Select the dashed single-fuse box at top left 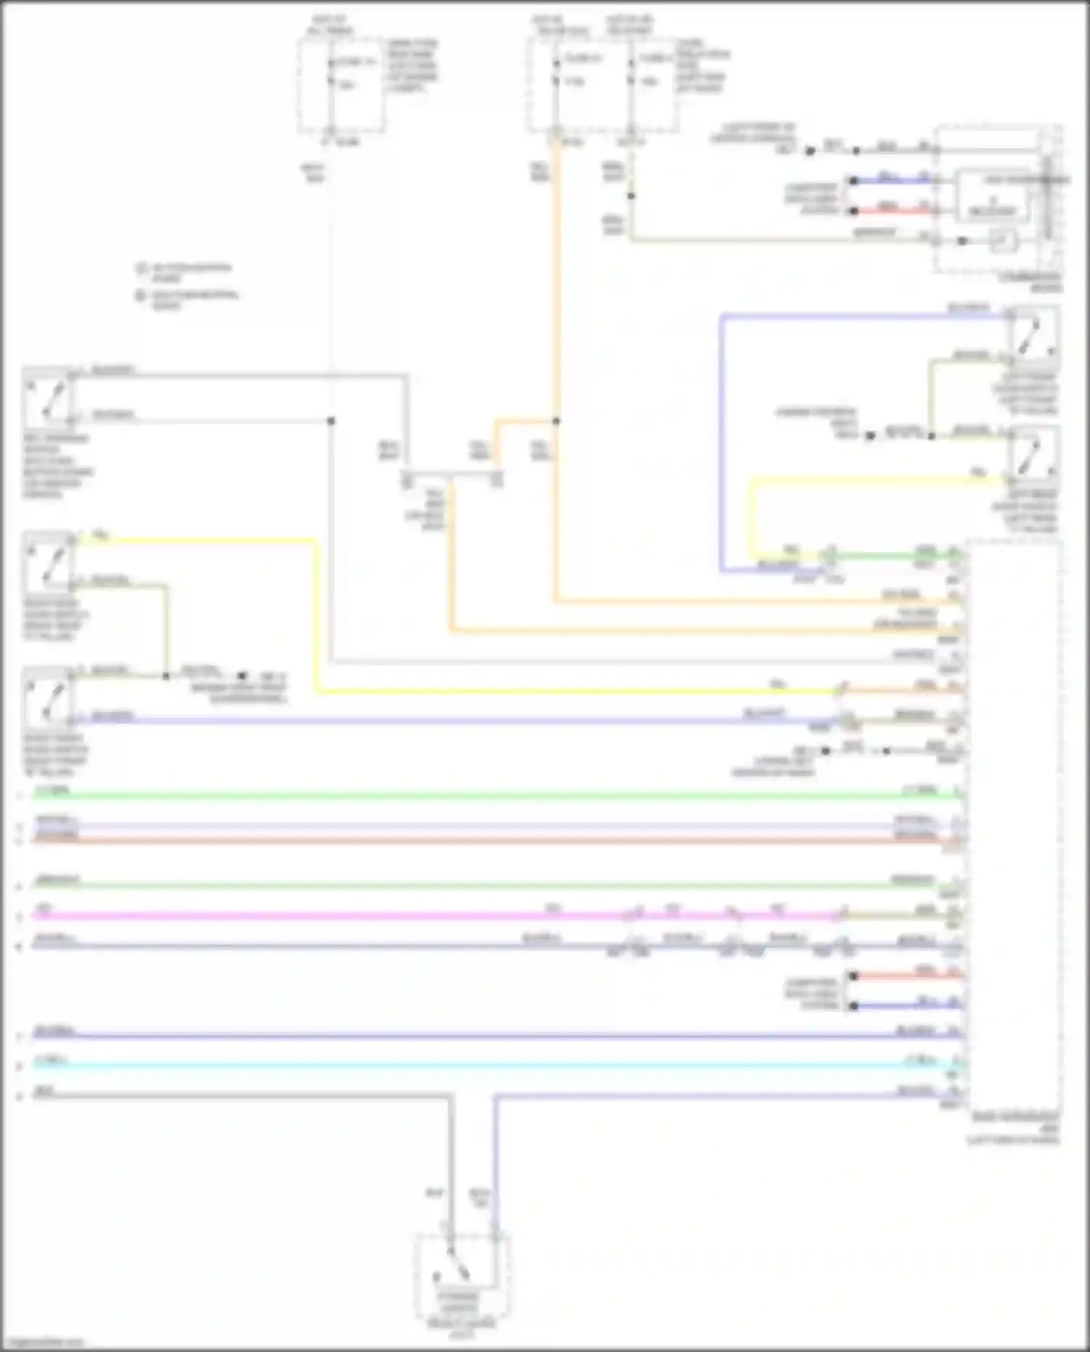click(x=342, y=86)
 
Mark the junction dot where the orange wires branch click(x=556, y=421)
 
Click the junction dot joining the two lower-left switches click(x=166, y=676)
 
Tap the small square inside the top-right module click(x=1004, y=240)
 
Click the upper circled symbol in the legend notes click(x=141, y=268)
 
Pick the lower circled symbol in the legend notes click(x=141, y=296)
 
